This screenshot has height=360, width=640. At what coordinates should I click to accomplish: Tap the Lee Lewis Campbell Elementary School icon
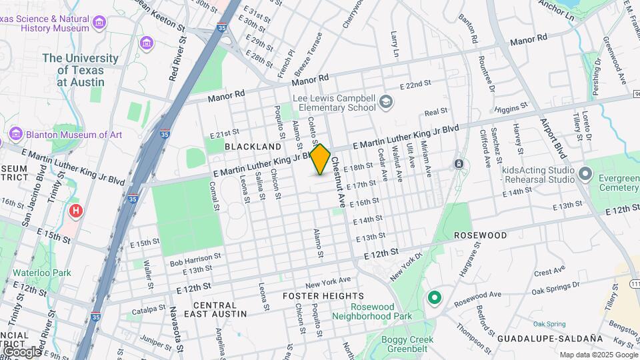pyautogui.click(x=385, y=102)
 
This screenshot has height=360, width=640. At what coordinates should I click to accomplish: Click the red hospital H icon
pyautogui.click(x=77, y=211)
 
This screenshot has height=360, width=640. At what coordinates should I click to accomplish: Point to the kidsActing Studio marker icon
pyautogui.click(x=585, y=174)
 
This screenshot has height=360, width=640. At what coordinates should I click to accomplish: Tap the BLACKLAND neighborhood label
pyautogui.click(x=253, y=146)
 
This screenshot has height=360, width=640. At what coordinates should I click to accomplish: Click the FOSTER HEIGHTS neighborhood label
pyautogui.click(x=315, y=295)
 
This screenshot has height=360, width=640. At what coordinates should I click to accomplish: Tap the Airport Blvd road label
pyautogui.click(x=553, y=139)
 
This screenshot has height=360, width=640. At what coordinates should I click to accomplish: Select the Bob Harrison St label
pyautogui.click(x=195, y=258)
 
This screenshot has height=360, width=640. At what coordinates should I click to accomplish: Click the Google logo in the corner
pyautogui.click(x=21, y=351)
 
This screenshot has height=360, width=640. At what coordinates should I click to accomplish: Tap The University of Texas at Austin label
pyautogui.click(x=80, y=69)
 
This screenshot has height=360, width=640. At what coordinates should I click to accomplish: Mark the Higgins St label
pyautogui.click(x=511, y=107)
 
